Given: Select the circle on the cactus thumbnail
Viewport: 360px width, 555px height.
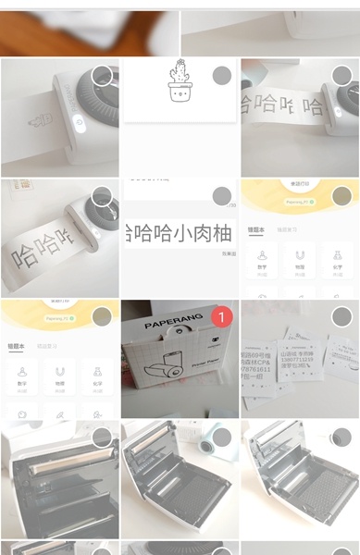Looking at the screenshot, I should (222, 76).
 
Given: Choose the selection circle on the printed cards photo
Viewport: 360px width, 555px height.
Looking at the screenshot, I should (341, 316).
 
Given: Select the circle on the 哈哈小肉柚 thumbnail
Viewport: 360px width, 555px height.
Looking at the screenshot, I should (222, 196).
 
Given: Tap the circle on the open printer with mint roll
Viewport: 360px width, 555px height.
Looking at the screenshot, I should (222, 437).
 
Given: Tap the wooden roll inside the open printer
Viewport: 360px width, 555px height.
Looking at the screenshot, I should (65, 467).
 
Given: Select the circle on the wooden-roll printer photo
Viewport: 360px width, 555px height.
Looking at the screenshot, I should (102, 437).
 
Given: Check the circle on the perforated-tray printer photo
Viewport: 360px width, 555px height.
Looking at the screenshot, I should (341, 437).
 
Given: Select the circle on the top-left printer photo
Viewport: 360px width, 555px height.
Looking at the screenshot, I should (102, 76).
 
